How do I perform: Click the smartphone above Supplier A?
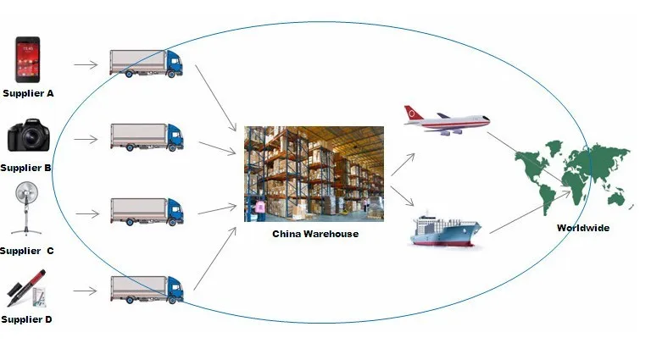(x=28, y=58)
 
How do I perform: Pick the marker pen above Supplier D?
(x=27, y=289)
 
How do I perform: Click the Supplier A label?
(x=28, y=93)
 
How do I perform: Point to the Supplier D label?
(x=27, y=319)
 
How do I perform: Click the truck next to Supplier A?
(x=146, y=63)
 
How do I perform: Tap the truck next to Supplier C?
(x=146, y=211)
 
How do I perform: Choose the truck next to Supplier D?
(x=146, y=288)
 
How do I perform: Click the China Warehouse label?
(x=314, y=234)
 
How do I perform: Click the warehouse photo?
(x=314, y=174)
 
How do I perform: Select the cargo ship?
(x=445, y=230)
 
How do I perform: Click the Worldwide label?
(x=582, y=228)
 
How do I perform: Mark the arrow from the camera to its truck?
(x=85, y=137)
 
